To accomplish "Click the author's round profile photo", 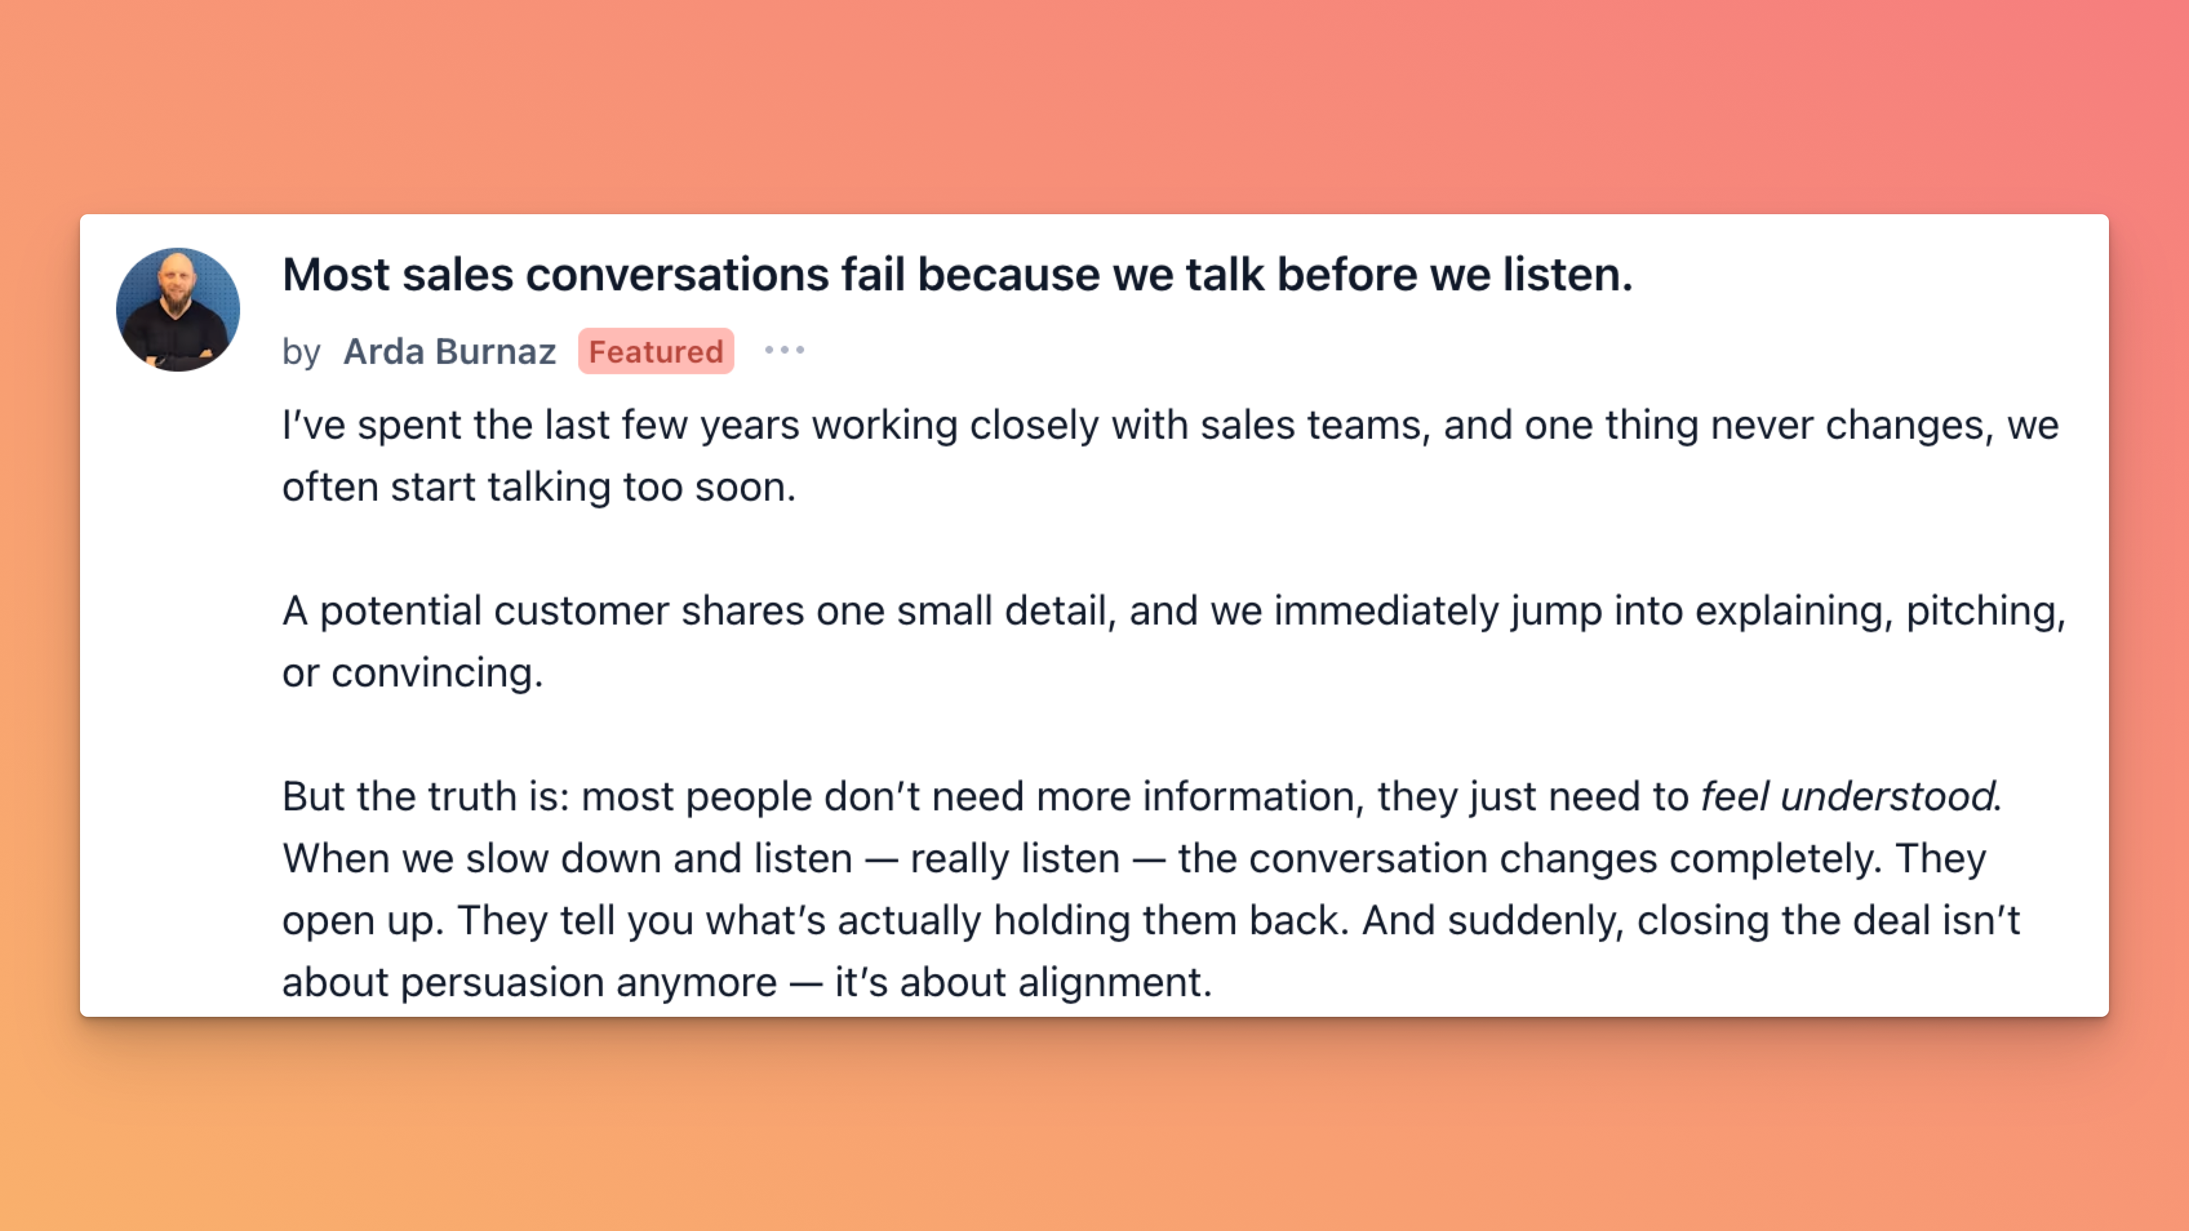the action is (177, 309).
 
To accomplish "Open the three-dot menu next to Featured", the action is (784, 350).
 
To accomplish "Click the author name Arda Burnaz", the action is (450, 351).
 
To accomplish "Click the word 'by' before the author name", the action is (301, 352).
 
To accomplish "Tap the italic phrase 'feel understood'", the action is (1848, 796).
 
